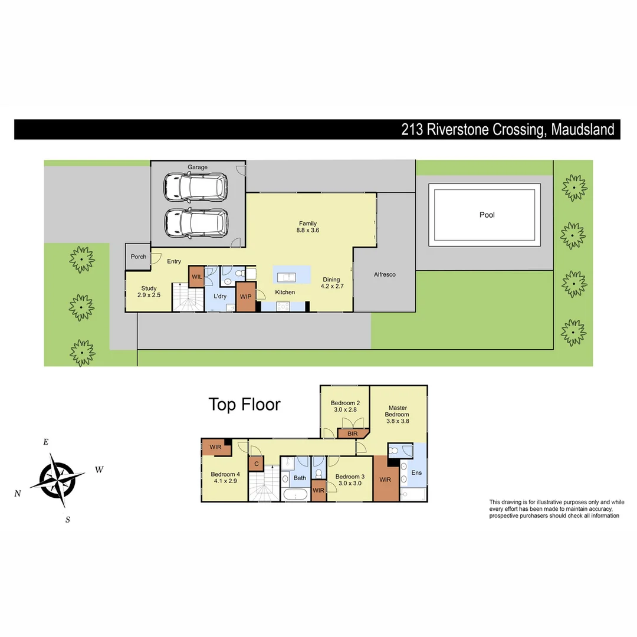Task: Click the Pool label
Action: coord(487,215)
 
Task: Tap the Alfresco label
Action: coord(385,275)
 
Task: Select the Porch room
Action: coord(138,257)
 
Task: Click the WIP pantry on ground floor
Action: coord(245,297)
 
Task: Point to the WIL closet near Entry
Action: coord(196,276)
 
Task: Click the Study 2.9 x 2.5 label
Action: coord(149,292)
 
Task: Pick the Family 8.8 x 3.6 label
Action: coord(308,226)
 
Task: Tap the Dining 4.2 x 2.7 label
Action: coord(331,283)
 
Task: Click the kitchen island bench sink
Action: coord(288,276)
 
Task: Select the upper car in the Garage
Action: coord(196,186)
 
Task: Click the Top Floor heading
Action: coord(244,405)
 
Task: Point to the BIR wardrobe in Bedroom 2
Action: coord(352,434)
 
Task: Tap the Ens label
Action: coord(416,473)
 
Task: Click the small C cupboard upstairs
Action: coord(256,464)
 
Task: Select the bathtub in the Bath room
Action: coord(295,494)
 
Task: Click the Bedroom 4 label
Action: coord(225,478)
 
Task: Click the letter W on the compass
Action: coord(99,470)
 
